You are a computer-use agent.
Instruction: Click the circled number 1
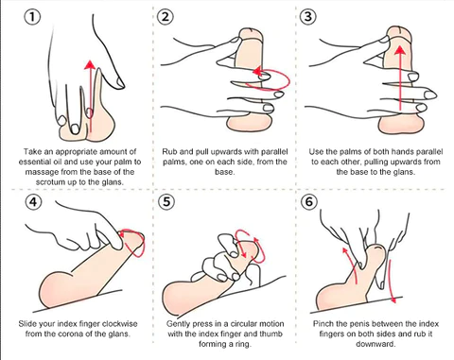[32, 17]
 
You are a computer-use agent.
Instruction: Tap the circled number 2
[166, 16]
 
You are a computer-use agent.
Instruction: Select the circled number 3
[308, 16]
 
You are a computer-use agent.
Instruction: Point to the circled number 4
[33, 201]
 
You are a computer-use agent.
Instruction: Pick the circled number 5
[166, 201]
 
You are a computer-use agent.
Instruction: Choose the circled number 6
[309, 201]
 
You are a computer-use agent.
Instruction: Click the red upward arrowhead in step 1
[90, 64]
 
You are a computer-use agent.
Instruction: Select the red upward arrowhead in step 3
[400, 50]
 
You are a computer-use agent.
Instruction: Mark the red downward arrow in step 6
[391, 282]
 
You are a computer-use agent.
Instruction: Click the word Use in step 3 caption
[316, 152]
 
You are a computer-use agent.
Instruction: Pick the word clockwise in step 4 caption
[120, 324]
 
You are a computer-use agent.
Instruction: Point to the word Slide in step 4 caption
[27, 324]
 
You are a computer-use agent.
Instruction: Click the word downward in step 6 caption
[375, 344]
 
